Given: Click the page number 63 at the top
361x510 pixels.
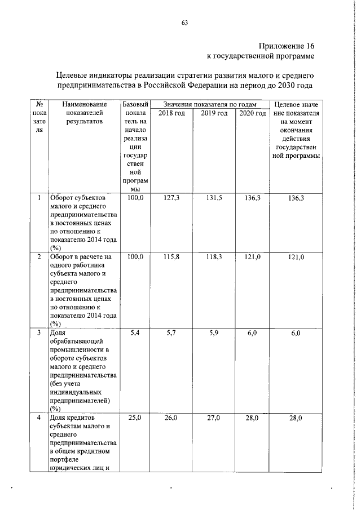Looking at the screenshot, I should coord(184,23).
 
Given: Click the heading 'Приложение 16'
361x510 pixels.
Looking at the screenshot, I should coord(286,46).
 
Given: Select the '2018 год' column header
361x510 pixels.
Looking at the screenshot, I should coord(171,114).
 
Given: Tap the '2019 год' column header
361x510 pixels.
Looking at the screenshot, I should coord(214,114).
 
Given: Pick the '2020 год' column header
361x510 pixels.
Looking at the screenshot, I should coord(252,114).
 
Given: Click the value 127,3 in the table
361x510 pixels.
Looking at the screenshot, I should coord(171,198).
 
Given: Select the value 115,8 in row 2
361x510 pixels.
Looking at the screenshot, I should coord(171,257).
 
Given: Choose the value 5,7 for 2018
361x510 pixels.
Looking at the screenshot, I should coord(171,334).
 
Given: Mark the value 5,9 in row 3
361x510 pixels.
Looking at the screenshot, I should coord(214,334).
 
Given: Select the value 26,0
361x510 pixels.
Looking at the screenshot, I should coord(171,418).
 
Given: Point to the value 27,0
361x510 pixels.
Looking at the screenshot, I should coord(214,418).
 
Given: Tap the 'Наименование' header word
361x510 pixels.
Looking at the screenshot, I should coord(85,105).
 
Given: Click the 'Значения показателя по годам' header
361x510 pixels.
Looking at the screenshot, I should coord(210,104).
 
